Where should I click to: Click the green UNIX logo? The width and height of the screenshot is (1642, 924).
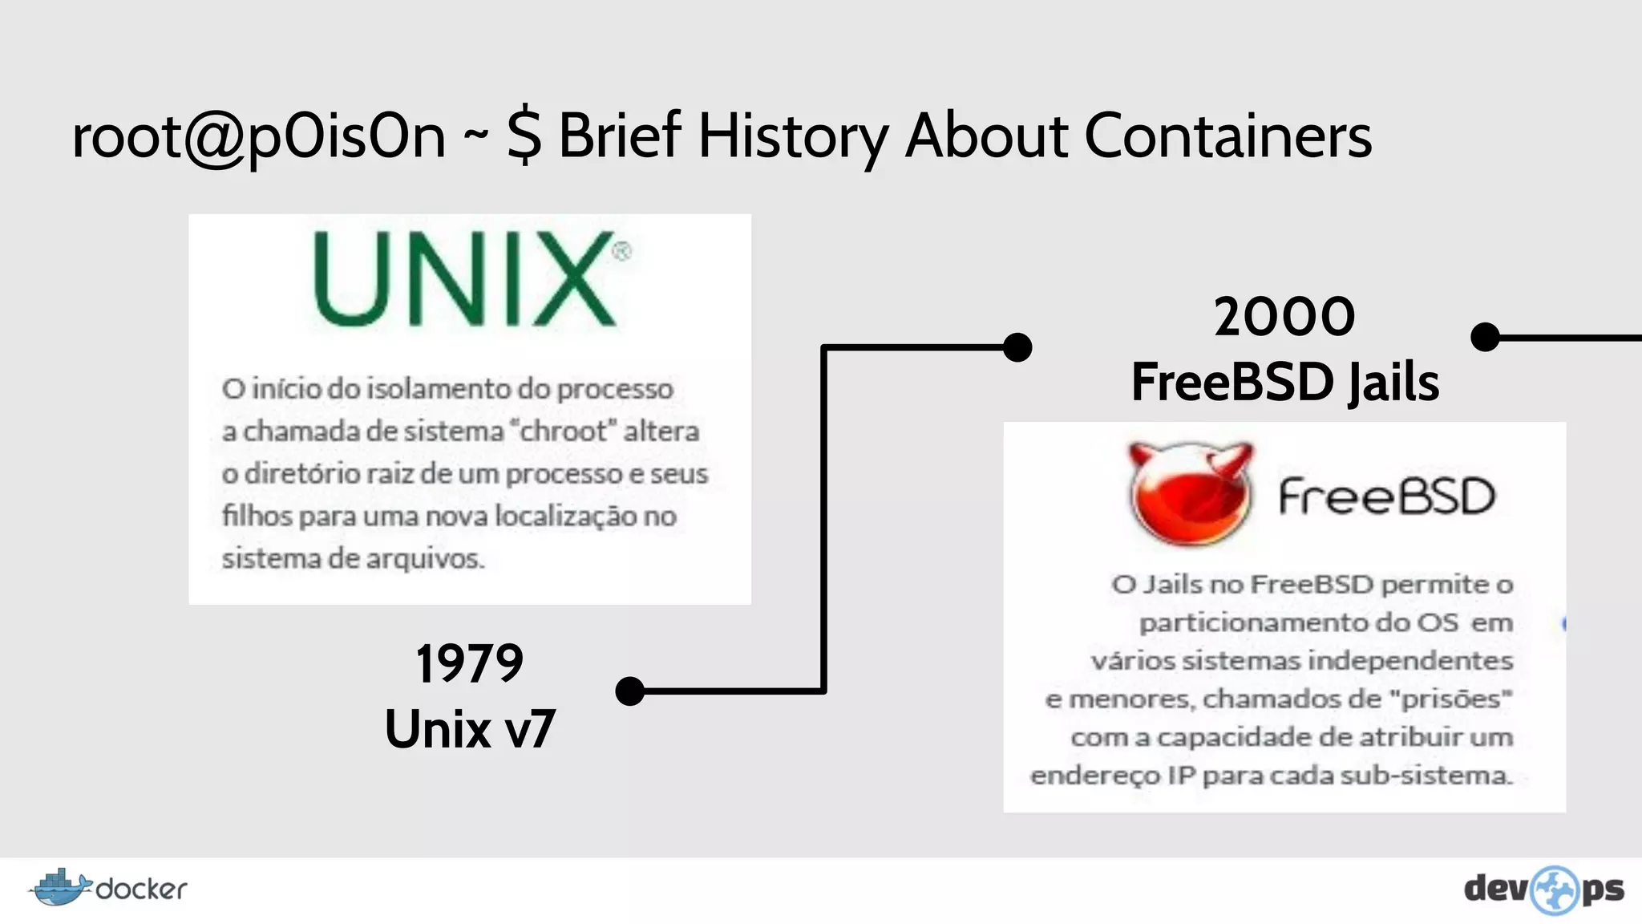465,278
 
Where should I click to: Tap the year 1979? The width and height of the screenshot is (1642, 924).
469,664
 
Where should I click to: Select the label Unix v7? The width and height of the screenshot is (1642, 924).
470,729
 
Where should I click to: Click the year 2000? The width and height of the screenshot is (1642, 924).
1284,317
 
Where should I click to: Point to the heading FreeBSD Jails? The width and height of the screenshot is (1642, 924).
1284,382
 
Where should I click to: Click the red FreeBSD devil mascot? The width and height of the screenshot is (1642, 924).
1191,494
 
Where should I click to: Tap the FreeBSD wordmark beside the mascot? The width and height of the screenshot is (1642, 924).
1386,496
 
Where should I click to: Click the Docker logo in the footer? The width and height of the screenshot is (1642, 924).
108,888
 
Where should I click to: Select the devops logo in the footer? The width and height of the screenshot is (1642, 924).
1543,890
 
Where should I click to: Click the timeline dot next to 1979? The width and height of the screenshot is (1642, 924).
630,691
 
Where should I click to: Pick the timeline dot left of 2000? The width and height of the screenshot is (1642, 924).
1017,347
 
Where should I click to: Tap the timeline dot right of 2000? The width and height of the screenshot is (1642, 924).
1486,337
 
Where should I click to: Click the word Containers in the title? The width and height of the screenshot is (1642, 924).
1227,136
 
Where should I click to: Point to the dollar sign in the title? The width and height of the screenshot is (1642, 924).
524,136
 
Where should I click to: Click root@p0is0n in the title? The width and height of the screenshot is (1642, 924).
258,137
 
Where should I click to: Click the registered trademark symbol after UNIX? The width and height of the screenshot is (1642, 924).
621,252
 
